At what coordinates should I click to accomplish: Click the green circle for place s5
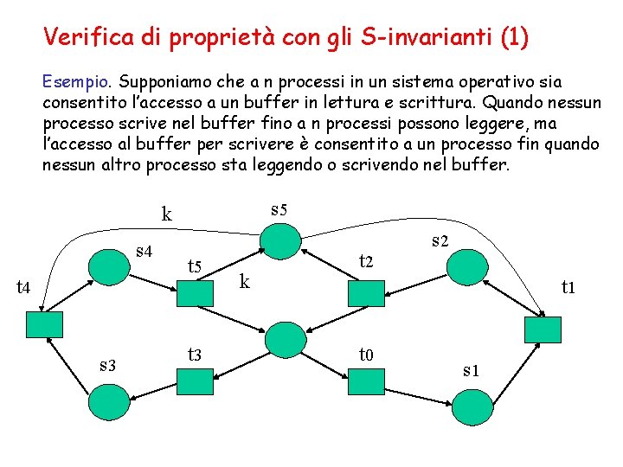tap(283, 240)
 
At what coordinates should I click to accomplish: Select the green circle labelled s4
tap(110, 265)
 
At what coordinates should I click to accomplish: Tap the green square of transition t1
tap(543, 329)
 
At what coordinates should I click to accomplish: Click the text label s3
tap(108, 365)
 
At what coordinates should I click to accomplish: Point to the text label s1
tap(471, 371)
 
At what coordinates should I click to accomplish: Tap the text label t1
tap(568, 286)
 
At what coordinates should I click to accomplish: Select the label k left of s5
tap(167, 214)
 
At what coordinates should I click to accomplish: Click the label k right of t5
tap(245, 280)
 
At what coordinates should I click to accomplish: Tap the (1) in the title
tap(514, 37)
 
